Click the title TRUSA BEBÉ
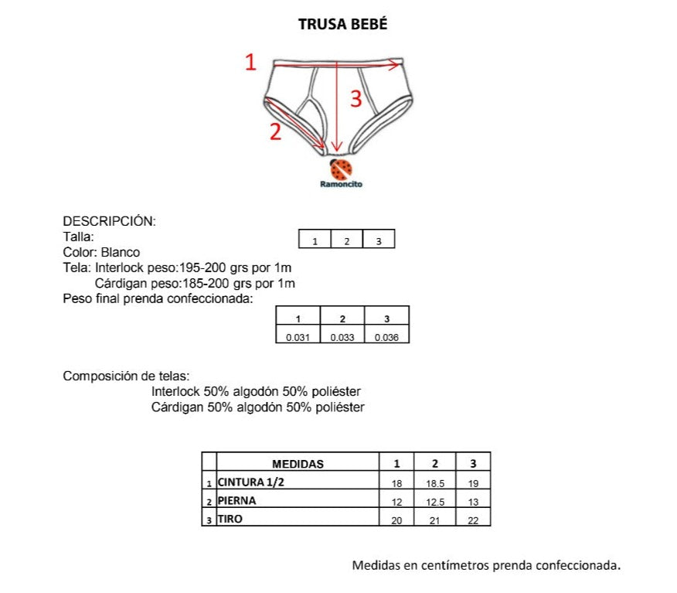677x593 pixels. click(x=343, y=24)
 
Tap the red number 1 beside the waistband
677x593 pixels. click(x=250, y=62)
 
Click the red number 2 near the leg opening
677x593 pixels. click(x=275, y=131)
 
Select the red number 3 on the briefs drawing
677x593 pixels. click(x=356, y=98)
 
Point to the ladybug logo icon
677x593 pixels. click(x=341, y=169)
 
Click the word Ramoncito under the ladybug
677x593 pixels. click(x=341, y=184)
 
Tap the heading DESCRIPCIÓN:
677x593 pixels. click(x=109, y=221)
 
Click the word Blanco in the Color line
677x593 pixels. click(x=121, y=252)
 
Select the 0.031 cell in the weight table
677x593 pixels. click(x=298, y=337)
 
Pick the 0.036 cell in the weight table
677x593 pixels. click(x=386, y=337)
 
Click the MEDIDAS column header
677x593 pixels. click(x=298, y=464)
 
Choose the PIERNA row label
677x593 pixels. click(x=236, y=500)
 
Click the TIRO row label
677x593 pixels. click(x=230, y=519)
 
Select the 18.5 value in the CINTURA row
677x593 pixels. click(x=435, y=484)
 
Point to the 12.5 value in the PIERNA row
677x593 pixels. click(x=435, y=503)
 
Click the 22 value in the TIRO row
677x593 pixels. click(x=473, y=521)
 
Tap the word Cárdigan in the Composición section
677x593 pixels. click(x=178, y=407)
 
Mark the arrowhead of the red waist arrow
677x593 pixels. click(x=396, y=65)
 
